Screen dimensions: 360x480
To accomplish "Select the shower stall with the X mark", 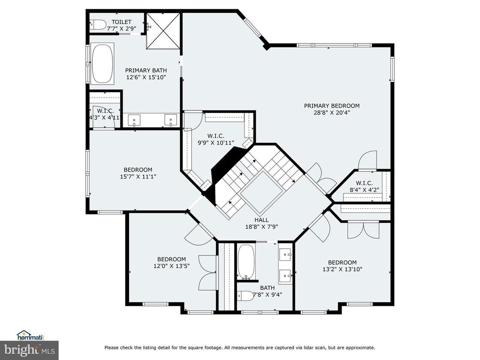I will pyautogui.click(x=163, y=31).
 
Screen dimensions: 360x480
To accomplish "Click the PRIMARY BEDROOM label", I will pyautogui.click(x=331, y=106).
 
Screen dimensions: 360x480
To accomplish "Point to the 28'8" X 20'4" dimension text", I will pyautogui.click(x=331, y=113).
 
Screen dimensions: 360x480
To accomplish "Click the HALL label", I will pyautogui.click(x=261, y=220).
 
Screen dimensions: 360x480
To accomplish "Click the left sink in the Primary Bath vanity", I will pyautogui.click(x=135, y=120).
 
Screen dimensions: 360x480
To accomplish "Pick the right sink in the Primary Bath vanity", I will pyautogui.click(x=170, y=120).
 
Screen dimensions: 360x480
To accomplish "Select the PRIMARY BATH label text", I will pyautogui.click(x=146, y=70).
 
